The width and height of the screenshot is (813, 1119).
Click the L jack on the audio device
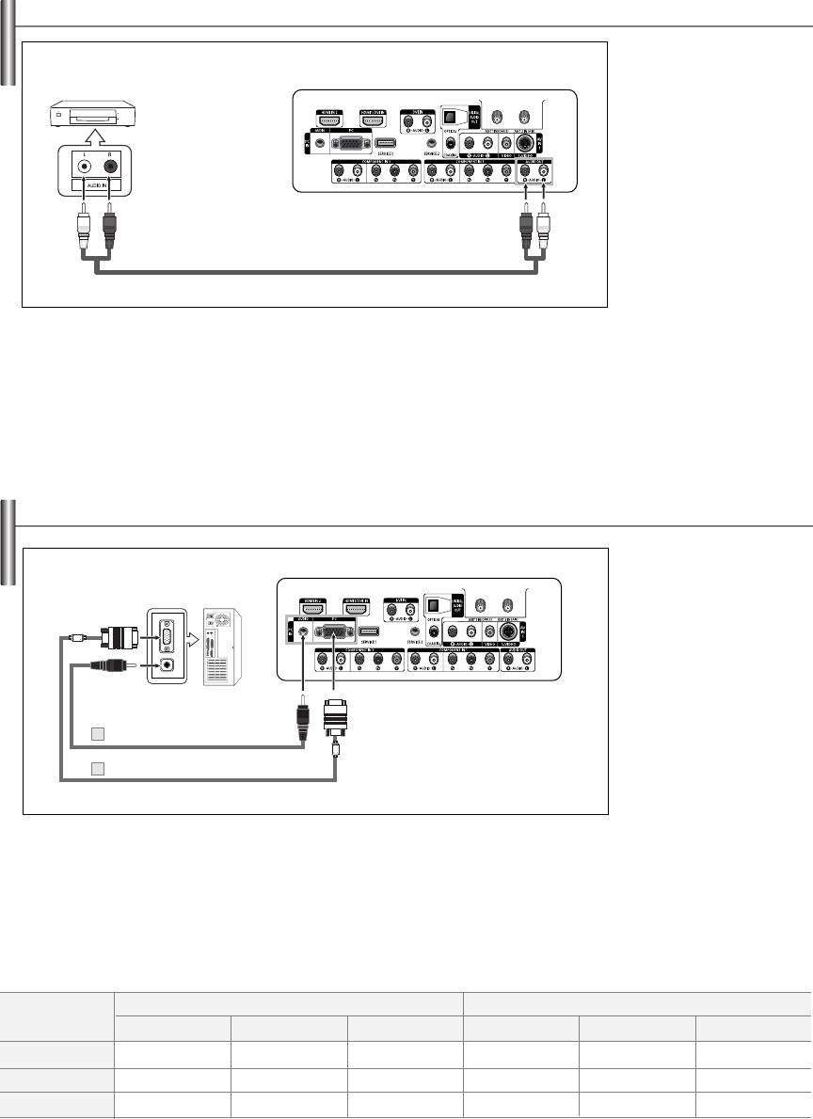[86, 164]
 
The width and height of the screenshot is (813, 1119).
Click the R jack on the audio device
[111, 164]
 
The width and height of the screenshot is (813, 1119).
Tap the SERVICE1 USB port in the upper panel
[386, 144]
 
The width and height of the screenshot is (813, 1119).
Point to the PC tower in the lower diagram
[222, 648]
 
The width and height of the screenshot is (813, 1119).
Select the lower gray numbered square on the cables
[97, 768]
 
